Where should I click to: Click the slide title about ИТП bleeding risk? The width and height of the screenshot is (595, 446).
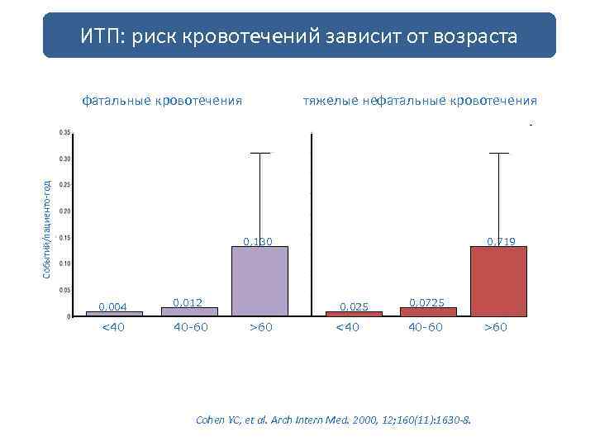point(299,36)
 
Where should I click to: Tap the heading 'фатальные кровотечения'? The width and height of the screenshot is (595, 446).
point(162,101)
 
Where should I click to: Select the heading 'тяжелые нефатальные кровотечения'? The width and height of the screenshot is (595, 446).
point(420,101)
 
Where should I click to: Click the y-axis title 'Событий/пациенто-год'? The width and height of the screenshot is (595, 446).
point(47,229)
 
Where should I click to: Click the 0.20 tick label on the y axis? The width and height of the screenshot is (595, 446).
point(64,211)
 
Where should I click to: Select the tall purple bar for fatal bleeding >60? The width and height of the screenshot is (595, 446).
point(259,281)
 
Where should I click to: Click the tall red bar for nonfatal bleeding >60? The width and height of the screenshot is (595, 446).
point(498,281)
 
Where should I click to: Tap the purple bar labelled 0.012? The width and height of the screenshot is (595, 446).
point(189,311)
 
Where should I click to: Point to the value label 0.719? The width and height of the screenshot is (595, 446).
point(501,242)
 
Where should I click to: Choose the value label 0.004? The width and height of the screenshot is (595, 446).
point(113,307)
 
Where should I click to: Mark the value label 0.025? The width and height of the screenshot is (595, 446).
point(354,307)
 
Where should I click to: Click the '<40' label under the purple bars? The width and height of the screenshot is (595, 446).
point(113,328)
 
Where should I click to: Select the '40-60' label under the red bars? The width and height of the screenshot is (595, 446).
point(425,328)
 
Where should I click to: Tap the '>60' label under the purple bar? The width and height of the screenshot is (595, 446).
point(260,328)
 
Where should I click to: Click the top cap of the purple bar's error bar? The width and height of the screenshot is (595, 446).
point(260,154)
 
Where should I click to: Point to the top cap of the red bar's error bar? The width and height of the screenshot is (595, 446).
point(499,154)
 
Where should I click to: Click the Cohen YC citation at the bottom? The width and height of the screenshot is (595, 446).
point(333,420)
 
